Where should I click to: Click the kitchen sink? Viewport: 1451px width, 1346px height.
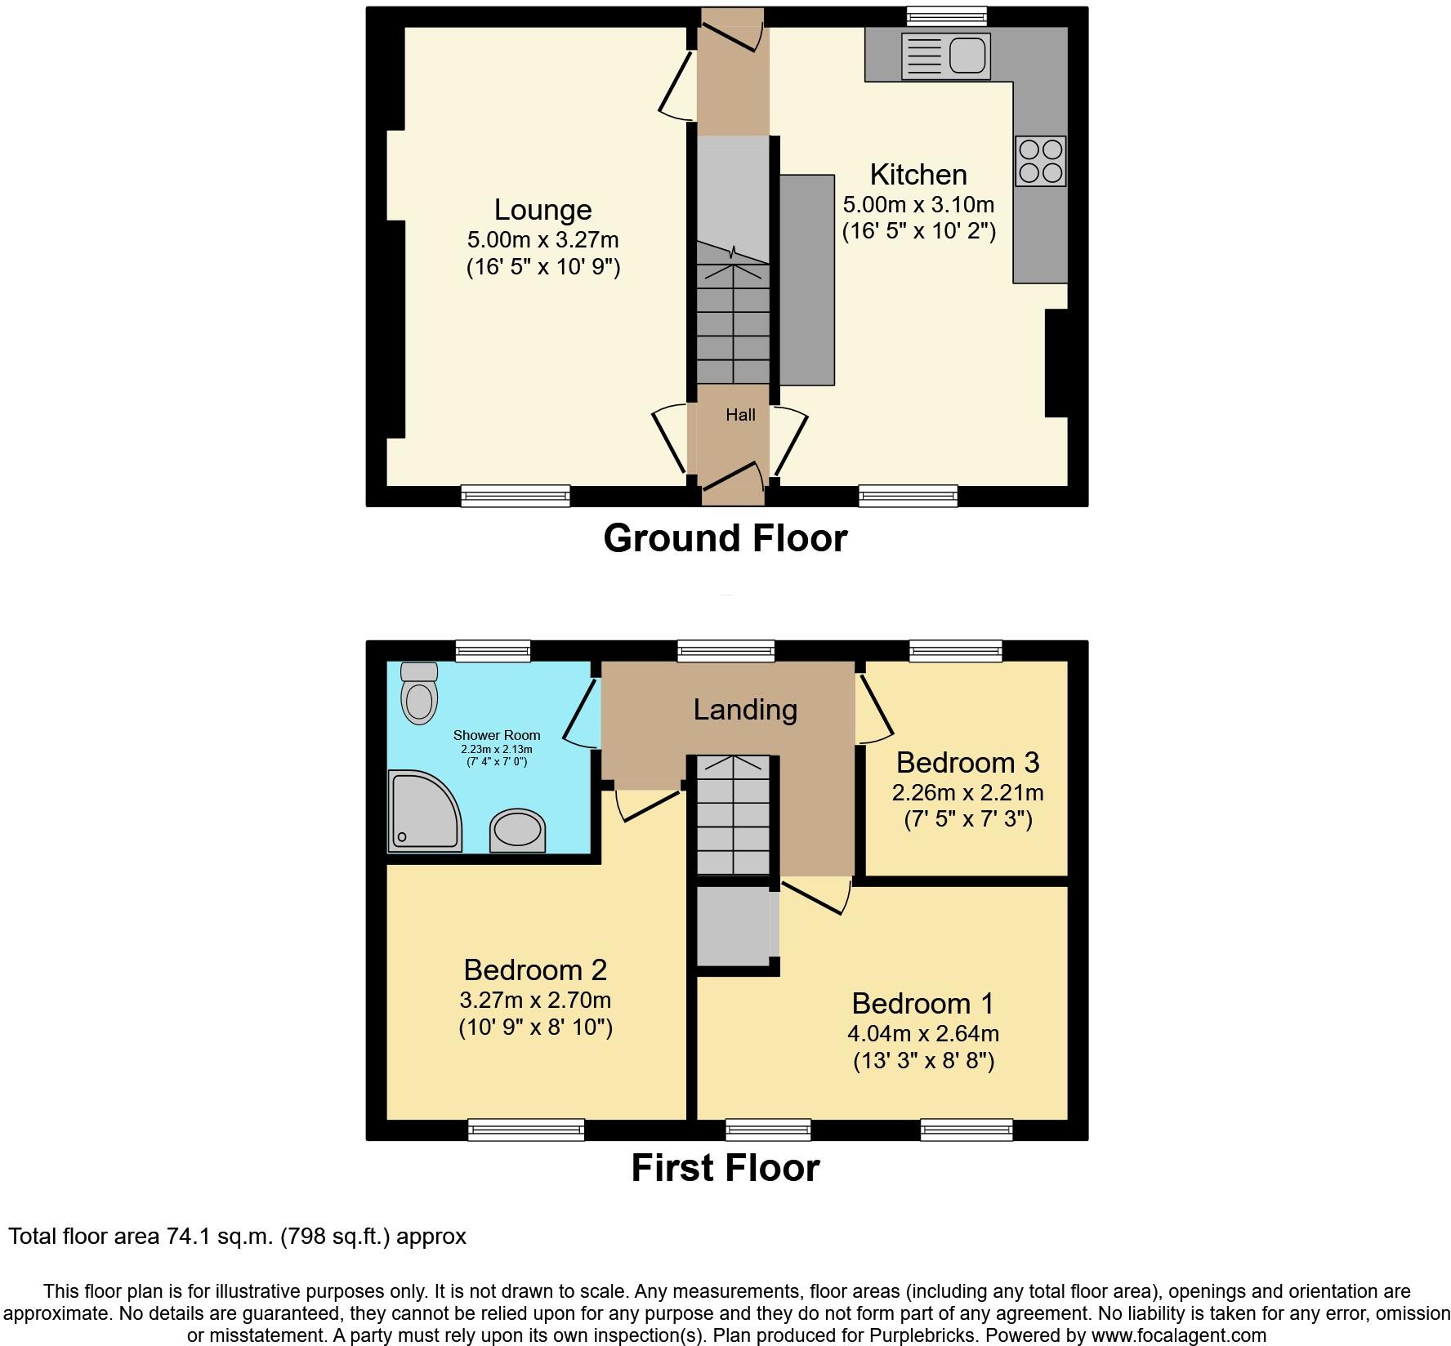(x=946, y=56)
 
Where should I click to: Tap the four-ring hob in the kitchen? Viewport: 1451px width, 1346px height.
(x=1041, y=161)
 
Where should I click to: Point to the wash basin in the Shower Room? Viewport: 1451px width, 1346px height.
(x=516, y=831)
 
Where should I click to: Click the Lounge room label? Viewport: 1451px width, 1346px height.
(x=542, y=210)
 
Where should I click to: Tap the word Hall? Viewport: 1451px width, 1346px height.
(x=740, y=415)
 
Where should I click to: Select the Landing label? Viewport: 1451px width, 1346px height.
(x=745, y=709)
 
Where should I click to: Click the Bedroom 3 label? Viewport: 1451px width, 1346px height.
(x=967, y=762)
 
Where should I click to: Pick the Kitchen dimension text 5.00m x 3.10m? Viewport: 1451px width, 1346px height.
(x=918, y=204)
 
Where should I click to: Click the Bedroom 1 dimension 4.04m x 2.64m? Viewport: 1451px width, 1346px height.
(x=923, y=1033)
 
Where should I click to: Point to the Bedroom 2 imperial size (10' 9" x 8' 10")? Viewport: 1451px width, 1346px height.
(x=535, y=1027)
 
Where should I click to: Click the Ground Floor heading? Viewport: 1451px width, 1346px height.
(x=725, y=538)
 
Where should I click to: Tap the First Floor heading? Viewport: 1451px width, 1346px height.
(x=725, y=1167)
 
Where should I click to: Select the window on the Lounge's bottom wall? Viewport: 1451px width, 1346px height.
(x=515, y=495)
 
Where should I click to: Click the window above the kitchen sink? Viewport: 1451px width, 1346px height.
(x=947, y=16)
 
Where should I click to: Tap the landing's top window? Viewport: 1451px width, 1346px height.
(x=725, y=651)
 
